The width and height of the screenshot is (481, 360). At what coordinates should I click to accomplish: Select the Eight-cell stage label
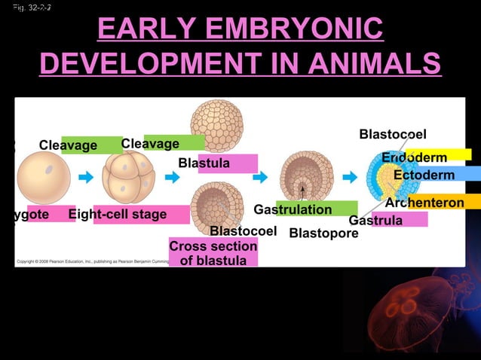(x=118, y=215)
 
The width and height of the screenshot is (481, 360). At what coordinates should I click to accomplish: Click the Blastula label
(x=204, y=163)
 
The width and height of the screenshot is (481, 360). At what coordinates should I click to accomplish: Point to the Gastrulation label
(x=294, y=209)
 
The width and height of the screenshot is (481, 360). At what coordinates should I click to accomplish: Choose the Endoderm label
(x=414, y=157)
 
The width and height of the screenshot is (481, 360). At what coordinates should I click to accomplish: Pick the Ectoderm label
(x=424, y=175)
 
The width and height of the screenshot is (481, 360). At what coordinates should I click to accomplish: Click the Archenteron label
(x=424, y=203)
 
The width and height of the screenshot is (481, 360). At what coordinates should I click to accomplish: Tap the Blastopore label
(x=323, y=233)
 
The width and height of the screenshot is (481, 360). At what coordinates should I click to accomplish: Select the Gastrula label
(x=375, y=220)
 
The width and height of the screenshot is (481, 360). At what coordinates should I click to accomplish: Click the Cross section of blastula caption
(x=213, y=253)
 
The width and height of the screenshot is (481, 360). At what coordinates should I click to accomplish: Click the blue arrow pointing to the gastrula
(x=348, y=178)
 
